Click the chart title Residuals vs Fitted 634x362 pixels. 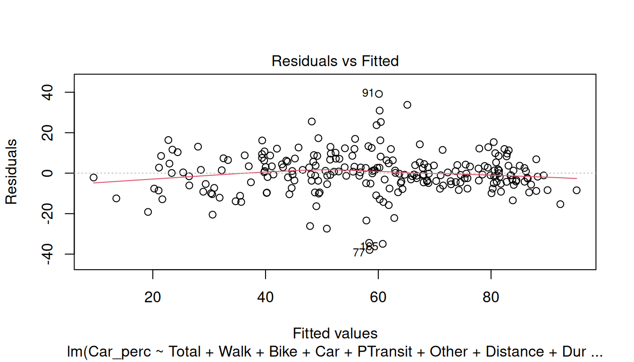point(335,61)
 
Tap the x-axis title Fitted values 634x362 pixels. point(335,333)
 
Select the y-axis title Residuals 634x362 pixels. point(11,172)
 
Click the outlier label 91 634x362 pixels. point(368,93)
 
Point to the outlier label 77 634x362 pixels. point(359,253)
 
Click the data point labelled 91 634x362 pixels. point(379,94)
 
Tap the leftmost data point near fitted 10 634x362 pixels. point(93,178)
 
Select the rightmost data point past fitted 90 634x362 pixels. point(576,190)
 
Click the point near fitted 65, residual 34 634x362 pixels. point(407,105)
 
